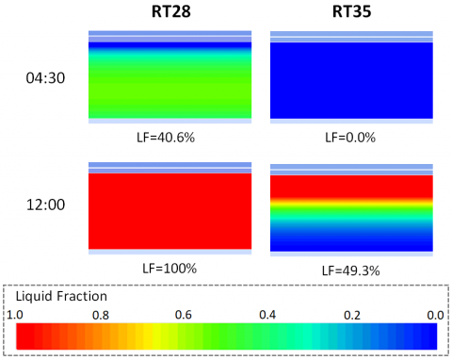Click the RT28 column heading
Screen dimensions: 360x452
point(169,13)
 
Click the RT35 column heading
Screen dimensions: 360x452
point(351,13)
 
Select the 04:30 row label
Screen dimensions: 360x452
point(45,78)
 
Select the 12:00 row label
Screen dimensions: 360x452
point(45,205)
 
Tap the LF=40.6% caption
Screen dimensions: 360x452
point(169,137)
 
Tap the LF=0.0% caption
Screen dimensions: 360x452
point(350,137)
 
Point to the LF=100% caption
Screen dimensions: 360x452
point(169,268)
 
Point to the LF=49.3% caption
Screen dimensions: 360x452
point(350,270)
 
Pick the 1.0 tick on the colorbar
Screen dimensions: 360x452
point(25,313)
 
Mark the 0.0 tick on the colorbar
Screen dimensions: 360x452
point(434,313)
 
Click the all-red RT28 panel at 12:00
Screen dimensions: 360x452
point(169,210)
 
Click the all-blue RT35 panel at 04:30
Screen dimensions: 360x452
point(351,80)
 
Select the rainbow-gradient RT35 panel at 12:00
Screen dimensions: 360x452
point(351,210)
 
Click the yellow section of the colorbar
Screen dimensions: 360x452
point(151,335)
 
